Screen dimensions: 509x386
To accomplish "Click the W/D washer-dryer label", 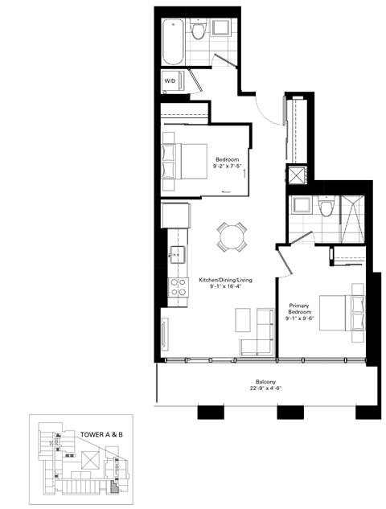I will click(170, 82).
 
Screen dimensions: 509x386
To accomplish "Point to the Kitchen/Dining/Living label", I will click(226, 280).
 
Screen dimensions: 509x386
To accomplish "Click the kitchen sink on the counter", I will click(175, 257).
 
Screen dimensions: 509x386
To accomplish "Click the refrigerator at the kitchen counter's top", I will click(175, 217).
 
